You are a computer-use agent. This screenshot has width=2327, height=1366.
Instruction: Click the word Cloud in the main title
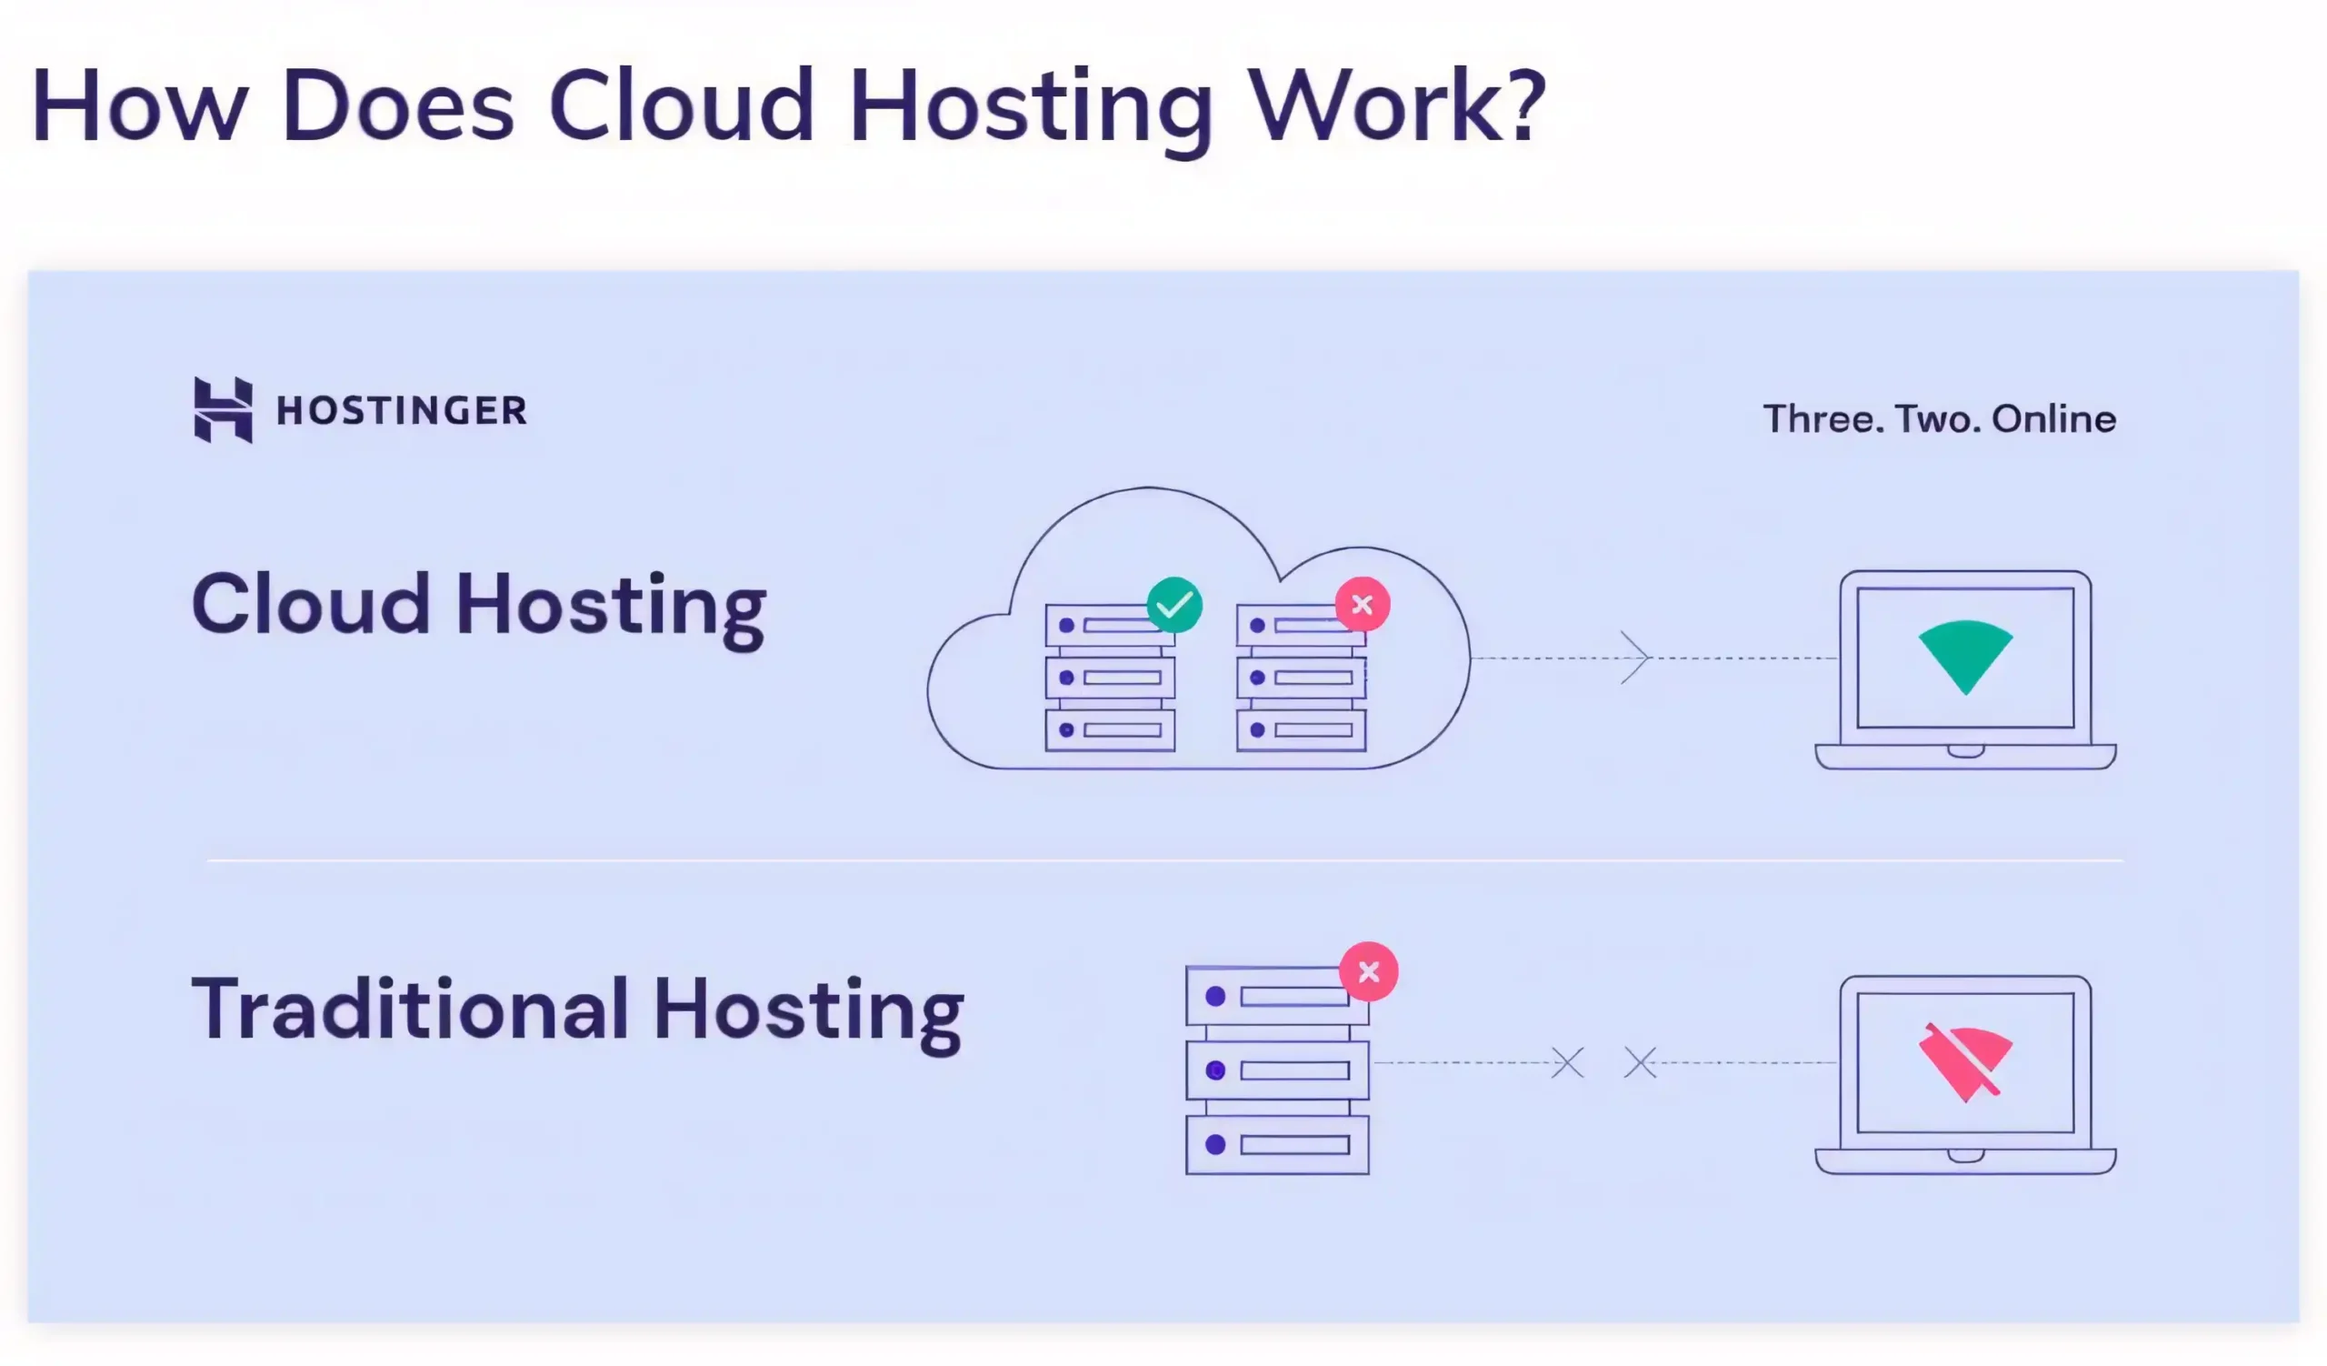coord(682,105)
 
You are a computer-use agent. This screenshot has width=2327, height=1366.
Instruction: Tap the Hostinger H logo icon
coord(223,409)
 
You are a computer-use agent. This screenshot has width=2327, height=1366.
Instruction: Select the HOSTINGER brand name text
coord(402,410)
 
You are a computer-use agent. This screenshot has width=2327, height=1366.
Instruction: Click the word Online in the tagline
coord(2053,419)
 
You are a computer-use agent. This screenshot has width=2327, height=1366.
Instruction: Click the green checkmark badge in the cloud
coord(1173,605)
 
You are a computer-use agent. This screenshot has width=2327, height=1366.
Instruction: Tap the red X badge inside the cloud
coord(1362,605)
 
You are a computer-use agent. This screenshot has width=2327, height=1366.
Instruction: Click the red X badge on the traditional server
coord(1369,971)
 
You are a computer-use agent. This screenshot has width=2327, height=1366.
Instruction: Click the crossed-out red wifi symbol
coord(1965,1062)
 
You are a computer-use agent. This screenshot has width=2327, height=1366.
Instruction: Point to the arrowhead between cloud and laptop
coord(1635,658)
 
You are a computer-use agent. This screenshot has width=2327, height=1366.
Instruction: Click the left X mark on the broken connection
coord(1567,1062)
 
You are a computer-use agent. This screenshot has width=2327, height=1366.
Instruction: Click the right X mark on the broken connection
coord(1640,1062)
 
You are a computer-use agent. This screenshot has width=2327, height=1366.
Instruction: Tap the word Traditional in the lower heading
coord(410,1009)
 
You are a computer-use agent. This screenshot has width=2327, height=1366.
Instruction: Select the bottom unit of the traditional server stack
coord(1277,1145)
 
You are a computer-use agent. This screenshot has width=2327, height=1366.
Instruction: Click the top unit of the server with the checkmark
coord(1104,627)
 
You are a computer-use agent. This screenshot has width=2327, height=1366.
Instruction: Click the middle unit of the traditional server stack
coord(1277,1070)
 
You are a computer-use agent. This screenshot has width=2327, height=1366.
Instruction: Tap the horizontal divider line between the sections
coord(1163,860)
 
